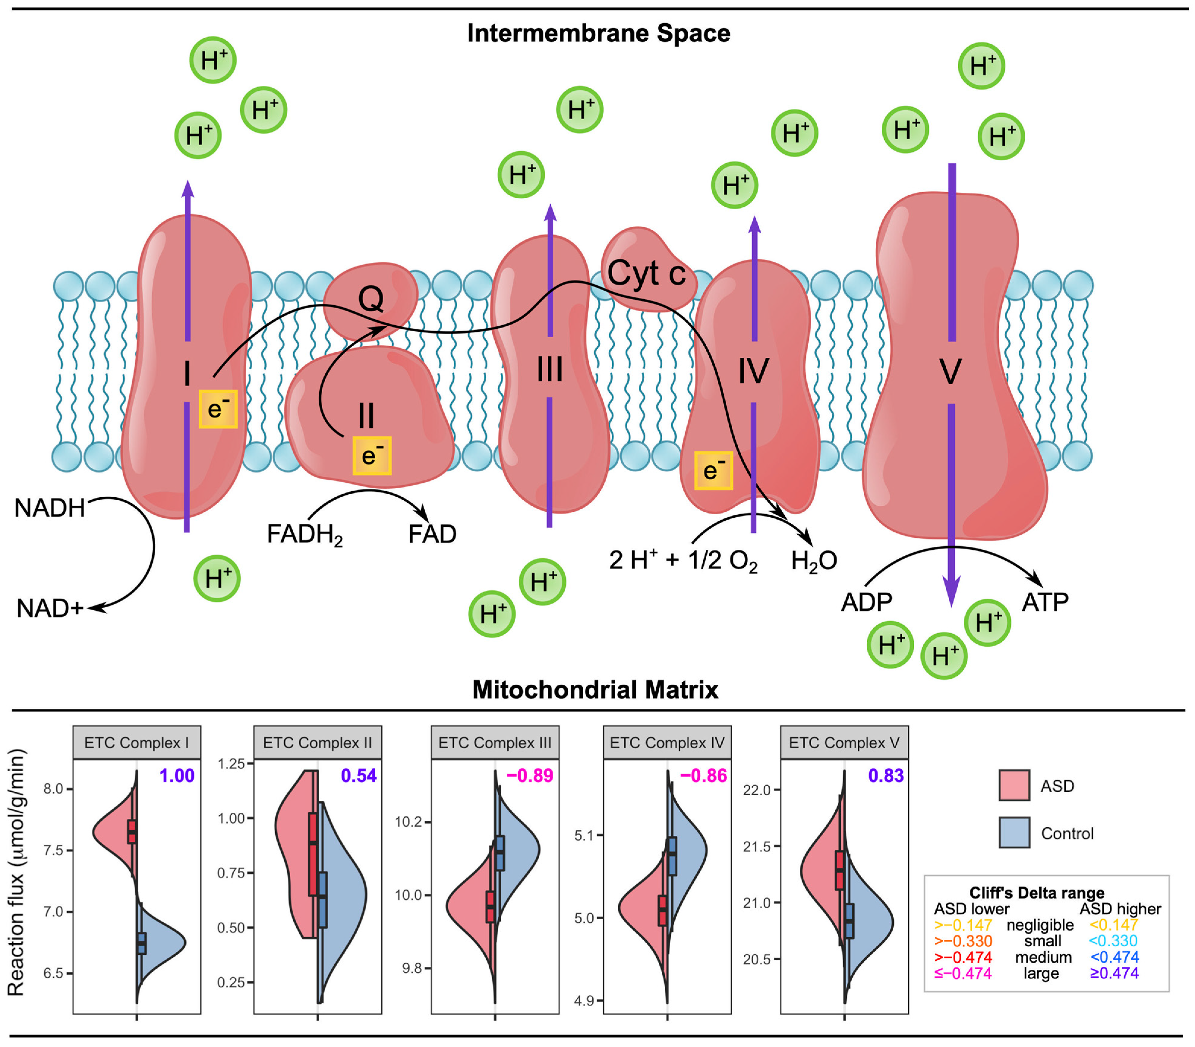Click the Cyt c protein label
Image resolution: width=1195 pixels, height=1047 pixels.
pyautogui.click(x=646, y=273)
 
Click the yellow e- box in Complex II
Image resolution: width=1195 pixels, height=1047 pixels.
pyautogui.click(x=372, y=455)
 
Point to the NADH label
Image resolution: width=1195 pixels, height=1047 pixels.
pyautogui.click(x=50, y=508)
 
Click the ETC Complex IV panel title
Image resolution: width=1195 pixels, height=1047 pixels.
pyautogui.click(x=667, y=743)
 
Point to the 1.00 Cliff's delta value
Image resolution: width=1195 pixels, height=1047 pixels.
pyautogui.click(x=176, y=776)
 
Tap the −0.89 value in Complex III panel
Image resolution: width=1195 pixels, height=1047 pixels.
pyautogui.click(x=529, y=776)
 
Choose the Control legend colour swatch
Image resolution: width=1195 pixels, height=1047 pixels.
pyautogui.click(x=1014, y=833)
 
